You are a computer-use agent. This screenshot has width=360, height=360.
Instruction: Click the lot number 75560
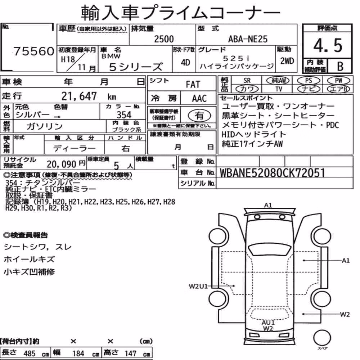pos(34,51)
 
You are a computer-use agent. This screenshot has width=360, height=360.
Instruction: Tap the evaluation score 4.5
pos(328,45)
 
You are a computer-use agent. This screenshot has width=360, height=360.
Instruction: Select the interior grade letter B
pos(340,66)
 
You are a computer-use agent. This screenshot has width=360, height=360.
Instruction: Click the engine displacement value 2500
pos(164,39)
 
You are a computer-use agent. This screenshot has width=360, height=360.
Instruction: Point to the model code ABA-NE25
pos(248,39)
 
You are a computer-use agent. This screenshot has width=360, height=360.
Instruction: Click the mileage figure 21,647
pos(79,96)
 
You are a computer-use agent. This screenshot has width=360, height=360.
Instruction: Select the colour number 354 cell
pos(124,114)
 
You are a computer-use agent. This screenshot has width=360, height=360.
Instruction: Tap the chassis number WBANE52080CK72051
pos(272,173)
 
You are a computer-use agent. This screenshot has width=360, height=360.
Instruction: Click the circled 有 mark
pos(199,116)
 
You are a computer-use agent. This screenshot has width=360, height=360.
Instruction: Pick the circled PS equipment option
pos(309,81)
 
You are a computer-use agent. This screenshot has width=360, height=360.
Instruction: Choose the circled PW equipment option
pos(338,81)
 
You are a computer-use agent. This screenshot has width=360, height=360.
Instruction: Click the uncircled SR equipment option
pos(247,81)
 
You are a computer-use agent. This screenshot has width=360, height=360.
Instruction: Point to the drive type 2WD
pos(287,61)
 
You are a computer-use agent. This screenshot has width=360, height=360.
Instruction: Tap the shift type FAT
pos(193,85)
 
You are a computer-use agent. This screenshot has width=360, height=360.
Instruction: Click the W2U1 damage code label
pos(198,286)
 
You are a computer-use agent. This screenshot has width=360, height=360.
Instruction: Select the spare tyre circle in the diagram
pos(322,338)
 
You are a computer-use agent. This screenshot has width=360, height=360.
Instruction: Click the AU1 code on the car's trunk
pos(268,323)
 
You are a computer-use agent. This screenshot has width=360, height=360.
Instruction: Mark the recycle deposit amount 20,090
pos(61,164)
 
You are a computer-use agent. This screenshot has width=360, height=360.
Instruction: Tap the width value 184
pos(78,354)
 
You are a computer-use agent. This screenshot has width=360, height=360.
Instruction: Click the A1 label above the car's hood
pos(268,205)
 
